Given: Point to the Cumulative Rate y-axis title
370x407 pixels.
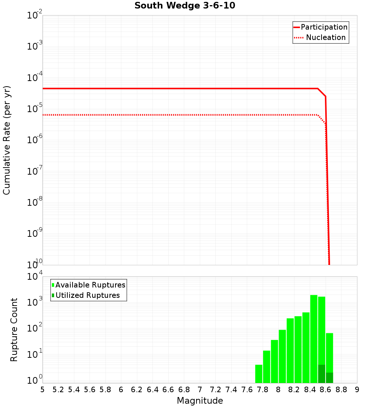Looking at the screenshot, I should coord(7,140).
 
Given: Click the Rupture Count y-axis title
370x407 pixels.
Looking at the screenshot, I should coord(14,330).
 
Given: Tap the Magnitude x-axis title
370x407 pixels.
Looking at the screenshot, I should coord(200,401).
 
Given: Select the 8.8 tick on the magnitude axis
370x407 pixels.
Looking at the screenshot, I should coord(342,390).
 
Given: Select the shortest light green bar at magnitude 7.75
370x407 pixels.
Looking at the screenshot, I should coord(259,374).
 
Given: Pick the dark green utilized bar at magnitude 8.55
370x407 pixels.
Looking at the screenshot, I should coord(322,374).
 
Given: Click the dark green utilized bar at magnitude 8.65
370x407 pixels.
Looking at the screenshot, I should coord(329,378).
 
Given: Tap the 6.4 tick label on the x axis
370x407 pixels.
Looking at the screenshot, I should coord(152,390).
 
